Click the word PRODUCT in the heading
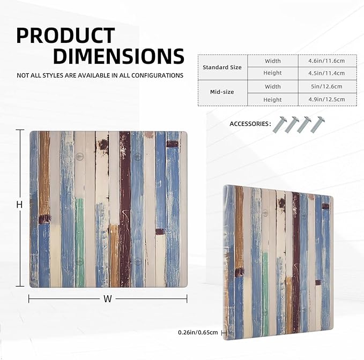coord(66,35)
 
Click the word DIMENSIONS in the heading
coord(118,56)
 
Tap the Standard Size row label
coord(222,67)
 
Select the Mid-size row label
coord(222,92)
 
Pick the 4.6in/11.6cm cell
coord(326,61)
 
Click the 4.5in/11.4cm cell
coord(326,73)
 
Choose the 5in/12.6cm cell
coord(326,87)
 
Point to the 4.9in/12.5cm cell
coord(326,99)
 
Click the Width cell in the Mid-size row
coord(273,87)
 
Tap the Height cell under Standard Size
coord(272,73)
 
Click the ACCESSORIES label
coord(250,124)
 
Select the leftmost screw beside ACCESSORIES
coord(280,125)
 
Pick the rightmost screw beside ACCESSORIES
coord(317,125)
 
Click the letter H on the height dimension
coord(19,204)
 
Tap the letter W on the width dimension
coord(107,299)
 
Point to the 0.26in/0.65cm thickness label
coord(198,332)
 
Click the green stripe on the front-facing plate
coord(80,242)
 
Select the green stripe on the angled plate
coord(265,294)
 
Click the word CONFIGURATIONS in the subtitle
coord(157,76)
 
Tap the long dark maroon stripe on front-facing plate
coord(125,209)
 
